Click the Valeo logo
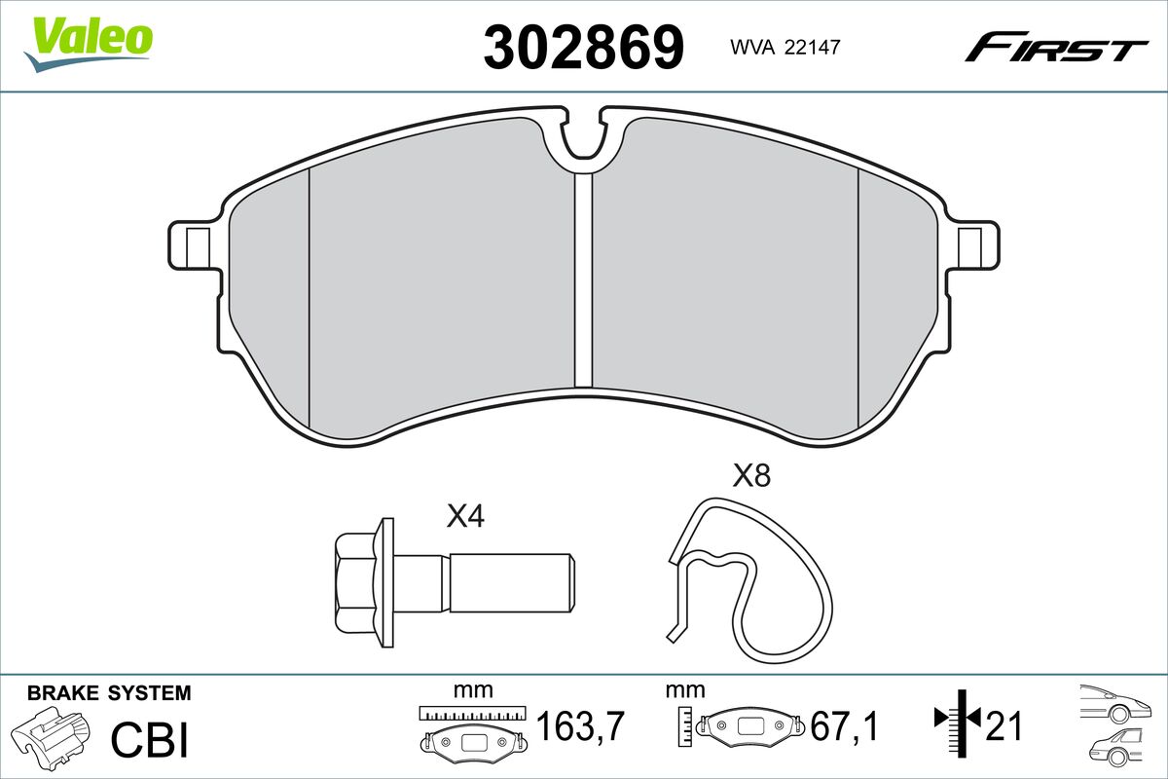coord(89,45)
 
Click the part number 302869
coord(583,48)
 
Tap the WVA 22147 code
coord(785,48)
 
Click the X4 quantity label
coord(465,517)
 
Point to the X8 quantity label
coord(751,476)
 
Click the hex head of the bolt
coord(355,582)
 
